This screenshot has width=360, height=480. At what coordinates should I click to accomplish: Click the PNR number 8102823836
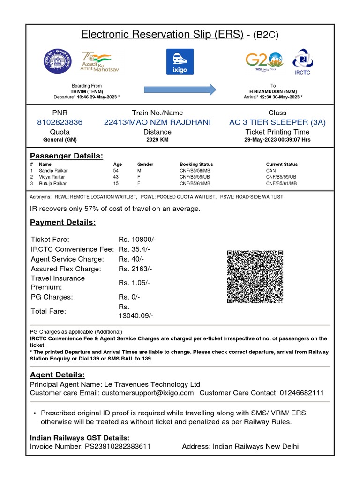(60, 122)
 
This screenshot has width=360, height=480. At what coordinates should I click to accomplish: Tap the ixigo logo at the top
(180, 61)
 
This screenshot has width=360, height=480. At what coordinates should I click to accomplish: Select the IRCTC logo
(302, 61)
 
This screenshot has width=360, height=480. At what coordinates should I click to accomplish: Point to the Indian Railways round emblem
(59, 61)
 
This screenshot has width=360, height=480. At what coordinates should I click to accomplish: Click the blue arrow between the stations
(180, 89)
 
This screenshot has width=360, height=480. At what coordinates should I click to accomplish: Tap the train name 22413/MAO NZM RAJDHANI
(157, 122)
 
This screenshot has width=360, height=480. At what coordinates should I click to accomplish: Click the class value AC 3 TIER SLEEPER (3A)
(277, 122)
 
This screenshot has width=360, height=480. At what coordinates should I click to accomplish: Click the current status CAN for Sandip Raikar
(271, 171)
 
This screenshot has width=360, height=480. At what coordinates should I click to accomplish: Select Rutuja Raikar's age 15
(116, 184)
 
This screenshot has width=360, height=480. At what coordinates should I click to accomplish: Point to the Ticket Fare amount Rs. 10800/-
(137, 240)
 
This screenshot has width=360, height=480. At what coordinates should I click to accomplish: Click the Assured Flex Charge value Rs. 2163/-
(135, 269)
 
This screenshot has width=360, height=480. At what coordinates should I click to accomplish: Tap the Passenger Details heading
(67, 156)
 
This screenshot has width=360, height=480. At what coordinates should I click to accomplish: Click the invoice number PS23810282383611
(117, 447)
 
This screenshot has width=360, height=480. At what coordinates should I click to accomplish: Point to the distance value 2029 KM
(157, 140)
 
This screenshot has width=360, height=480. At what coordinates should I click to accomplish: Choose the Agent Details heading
(58, 375)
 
